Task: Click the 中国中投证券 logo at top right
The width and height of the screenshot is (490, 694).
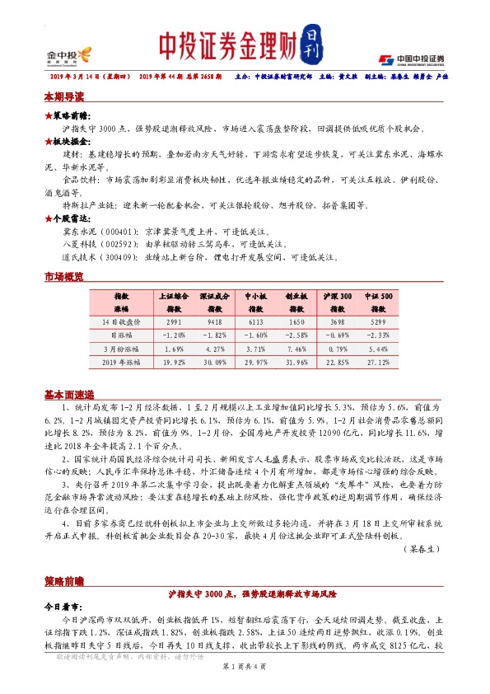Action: pyautogui.click(x=412, y=59)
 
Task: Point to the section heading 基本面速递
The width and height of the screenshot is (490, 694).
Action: pyautogui.click(x=70, y=393)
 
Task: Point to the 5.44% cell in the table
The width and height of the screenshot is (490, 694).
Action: pyautogui.click(x=380, y=349)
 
